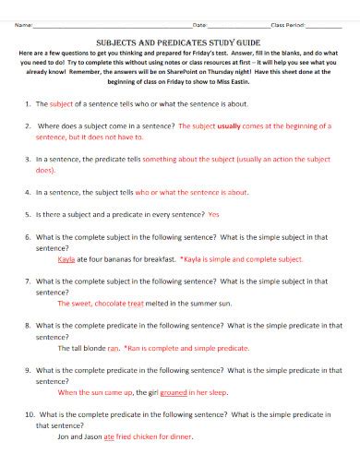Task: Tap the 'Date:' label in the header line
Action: tap(198, 25)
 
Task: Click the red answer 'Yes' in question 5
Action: tap(214, 215)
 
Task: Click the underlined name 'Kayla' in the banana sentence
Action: tap(66, 259)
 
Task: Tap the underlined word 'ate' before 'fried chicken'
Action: tap(108, 436)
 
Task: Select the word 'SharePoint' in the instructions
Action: tap(201, 79)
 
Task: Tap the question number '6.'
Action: tap(29, 237)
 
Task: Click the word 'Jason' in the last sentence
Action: tap(90, 436)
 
